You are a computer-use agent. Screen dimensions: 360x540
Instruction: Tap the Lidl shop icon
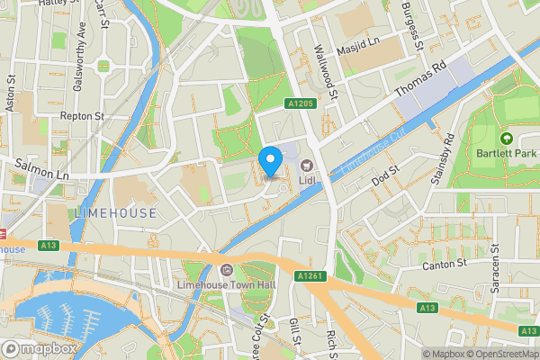(x=307, y=166)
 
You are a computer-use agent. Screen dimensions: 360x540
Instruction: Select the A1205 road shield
(x=300, y=104)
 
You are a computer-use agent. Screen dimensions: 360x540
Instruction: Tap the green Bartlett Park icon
(x=506, y=139)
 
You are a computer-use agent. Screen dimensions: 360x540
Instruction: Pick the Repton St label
(x=82, y=116)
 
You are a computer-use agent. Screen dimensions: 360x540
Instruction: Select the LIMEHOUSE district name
(x=116, y=213)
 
